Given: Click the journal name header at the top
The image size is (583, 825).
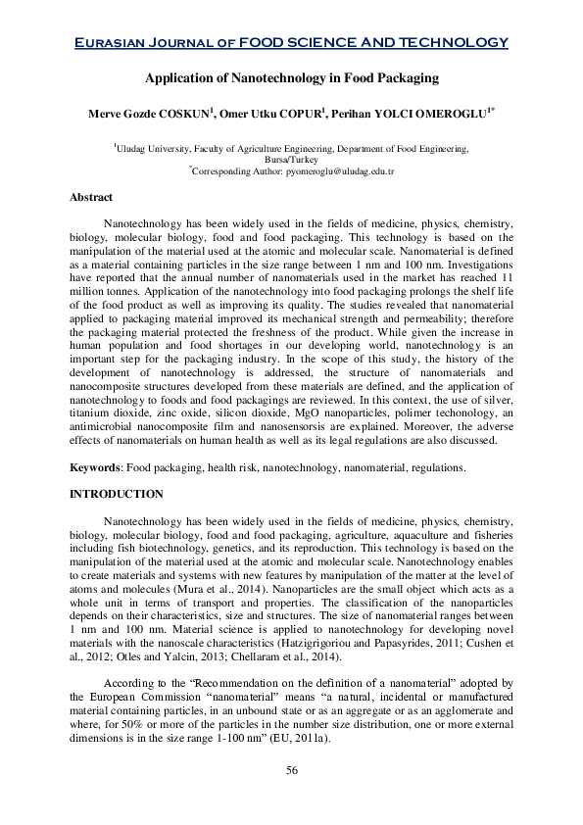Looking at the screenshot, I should click(x=291, y=42).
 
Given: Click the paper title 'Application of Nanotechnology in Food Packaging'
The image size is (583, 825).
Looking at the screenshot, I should click(x=291, y=77).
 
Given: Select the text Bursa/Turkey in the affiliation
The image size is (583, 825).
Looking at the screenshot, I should click(x=291, y=159).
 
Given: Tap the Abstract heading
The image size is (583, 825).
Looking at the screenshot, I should click(x=90, y=197).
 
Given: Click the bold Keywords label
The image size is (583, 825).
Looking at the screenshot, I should click(x=95, y=467).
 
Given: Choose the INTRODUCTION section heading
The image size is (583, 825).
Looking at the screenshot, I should click(x=116, y=495).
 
